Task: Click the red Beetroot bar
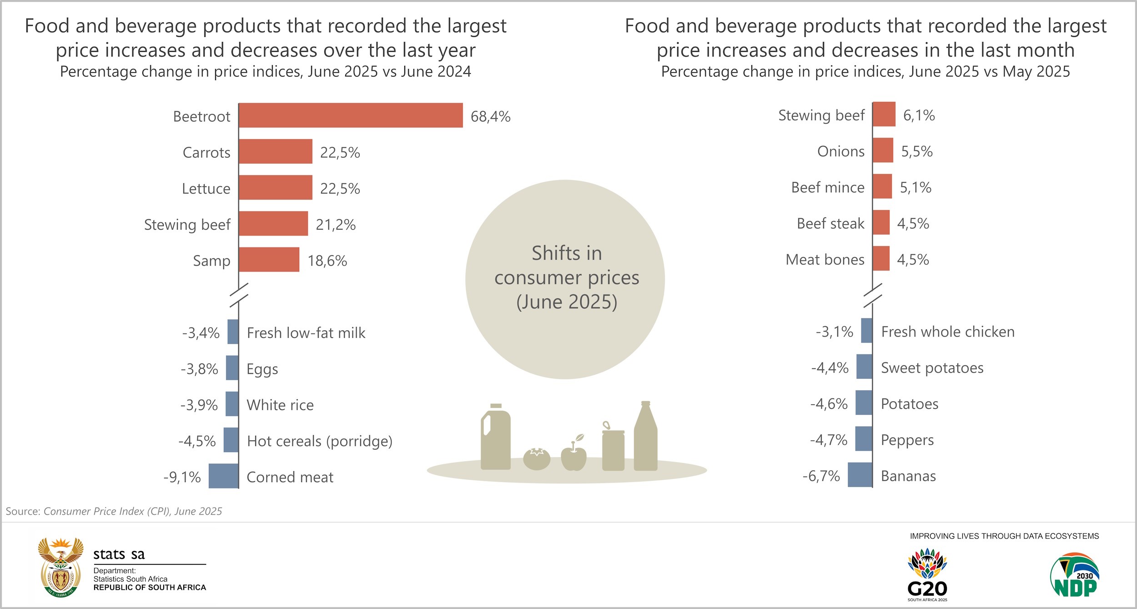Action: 351,115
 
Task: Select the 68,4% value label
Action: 490,116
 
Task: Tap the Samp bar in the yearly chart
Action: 269,260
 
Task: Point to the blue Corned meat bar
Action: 224,476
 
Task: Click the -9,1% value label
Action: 182,477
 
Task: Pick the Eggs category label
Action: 262,369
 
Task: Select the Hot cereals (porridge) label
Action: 319,441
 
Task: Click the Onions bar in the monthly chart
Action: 883,150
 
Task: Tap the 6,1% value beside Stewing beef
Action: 919,116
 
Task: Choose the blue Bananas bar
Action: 860,475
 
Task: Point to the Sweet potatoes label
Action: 932,368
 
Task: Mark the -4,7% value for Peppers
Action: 828,440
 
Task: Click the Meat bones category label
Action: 825,260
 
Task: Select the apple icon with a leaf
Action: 574,455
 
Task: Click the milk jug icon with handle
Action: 495,438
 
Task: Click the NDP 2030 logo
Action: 1075,575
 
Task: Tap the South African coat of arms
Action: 60,567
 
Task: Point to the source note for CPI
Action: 114,511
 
